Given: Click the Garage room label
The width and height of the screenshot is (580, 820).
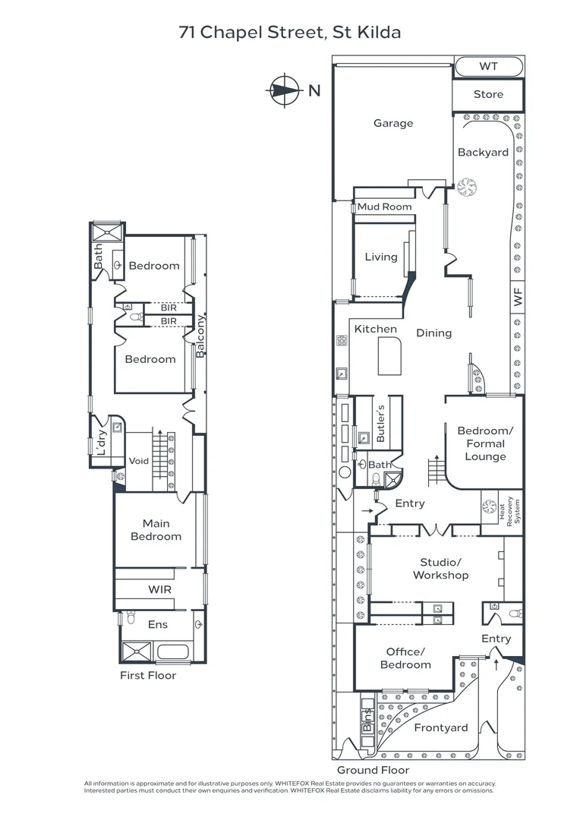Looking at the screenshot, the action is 393,124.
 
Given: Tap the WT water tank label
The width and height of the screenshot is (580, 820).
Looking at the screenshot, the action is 488,66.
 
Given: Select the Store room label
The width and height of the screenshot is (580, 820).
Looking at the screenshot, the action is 488,94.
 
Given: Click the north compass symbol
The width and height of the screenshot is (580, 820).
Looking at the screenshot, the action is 284,90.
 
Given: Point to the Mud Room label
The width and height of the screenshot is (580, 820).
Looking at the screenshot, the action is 384,207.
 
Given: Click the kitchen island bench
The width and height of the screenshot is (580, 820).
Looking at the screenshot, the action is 389,356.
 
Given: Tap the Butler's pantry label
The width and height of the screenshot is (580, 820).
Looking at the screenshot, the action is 380,423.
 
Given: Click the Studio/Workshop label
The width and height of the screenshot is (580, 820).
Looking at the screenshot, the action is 440,569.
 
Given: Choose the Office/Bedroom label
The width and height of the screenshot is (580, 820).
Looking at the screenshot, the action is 405,658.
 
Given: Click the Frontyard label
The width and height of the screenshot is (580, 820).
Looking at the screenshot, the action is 441,728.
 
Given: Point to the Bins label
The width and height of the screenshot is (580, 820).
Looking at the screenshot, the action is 367,720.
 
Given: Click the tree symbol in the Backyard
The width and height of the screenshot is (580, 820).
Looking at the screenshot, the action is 467,187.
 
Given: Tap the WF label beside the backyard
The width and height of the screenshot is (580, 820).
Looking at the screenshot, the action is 517,297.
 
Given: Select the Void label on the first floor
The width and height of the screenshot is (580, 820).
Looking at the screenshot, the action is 139,461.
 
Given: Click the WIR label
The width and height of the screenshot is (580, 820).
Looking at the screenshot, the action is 159,589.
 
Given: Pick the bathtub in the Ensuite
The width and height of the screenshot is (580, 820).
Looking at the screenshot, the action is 172,651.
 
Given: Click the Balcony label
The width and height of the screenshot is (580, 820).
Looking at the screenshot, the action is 200,336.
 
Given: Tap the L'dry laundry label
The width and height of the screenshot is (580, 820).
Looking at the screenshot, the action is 102,442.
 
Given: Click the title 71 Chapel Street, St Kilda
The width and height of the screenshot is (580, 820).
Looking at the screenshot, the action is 290,33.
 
